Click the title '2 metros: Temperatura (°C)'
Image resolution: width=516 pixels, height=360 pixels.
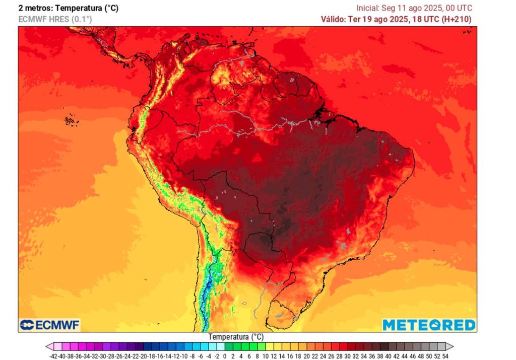coord(68,8)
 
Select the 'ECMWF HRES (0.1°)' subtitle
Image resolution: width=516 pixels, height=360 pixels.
coord(55,19)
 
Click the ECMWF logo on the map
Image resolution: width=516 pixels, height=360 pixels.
coord(49,325)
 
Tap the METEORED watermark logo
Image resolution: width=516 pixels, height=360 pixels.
coord(429,325)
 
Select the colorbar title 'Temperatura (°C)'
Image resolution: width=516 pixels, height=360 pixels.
coord(236,337)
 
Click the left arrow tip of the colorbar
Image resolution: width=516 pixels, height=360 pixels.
coord(47,347)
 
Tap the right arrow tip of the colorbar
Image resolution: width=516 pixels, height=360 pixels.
coord(452,347)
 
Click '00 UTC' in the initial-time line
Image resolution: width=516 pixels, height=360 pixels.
coord(461,8)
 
